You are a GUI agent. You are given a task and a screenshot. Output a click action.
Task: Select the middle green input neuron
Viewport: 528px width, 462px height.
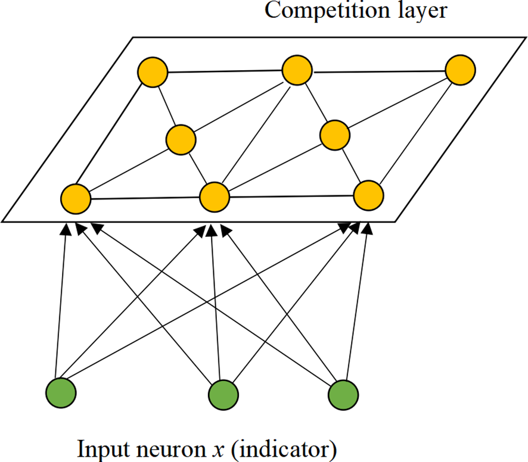pos(223,394)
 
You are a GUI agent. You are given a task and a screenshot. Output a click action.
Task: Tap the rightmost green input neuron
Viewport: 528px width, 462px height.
pos(344,393)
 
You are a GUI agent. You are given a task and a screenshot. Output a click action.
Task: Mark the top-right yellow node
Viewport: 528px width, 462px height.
pos(460,70)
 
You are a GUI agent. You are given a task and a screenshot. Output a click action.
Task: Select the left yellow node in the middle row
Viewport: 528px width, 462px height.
pos(181,140)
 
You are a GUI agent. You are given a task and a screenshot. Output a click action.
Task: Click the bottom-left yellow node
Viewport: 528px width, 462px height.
pos(76,198)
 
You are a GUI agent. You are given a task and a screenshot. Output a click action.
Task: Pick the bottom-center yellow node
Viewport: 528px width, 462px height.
pos(215,196)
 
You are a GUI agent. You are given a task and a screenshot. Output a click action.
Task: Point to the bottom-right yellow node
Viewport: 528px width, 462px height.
pos(368,193)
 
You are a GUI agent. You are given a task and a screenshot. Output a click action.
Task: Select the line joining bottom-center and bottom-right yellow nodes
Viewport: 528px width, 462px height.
pos(291,195)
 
